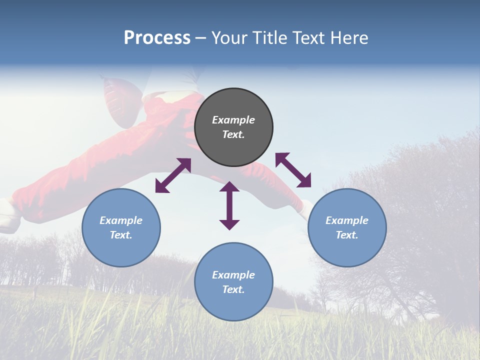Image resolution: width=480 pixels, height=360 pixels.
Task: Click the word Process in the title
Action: pyautogui.click(x=157, y=38)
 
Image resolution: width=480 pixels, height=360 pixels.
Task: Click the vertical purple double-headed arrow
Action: pyautogui.click(x=229, y=206)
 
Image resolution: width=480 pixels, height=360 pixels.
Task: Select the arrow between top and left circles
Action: pyautogui.click(x=173, y=175)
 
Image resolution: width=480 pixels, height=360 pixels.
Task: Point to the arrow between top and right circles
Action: pyautogui.click(x=293, y=170)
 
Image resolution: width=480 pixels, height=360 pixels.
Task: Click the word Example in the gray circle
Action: pyautogui.click(x=233, y=120)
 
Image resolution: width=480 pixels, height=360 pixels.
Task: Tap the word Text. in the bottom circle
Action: pyautogui.click(x=233, y=289)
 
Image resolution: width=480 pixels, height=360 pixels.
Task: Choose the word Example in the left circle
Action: pyautogui.click(x=121, y=220)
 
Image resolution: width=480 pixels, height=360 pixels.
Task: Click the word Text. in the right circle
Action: pyautogui.click(x=347, y=235)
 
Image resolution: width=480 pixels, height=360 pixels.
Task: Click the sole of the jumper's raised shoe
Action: pyautogui.click(x=117, y=102)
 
